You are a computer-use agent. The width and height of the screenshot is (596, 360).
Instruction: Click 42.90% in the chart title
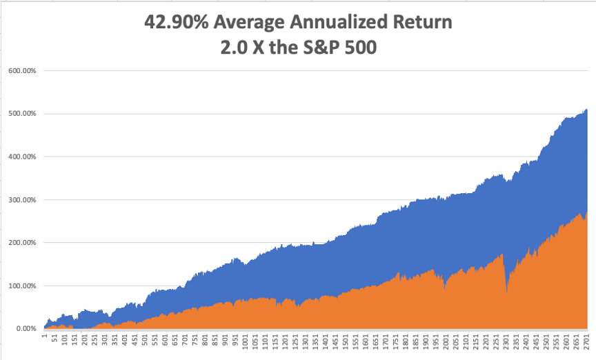pos(175,22)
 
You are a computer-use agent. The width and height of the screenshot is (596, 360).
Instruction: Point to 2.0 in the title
pos(233,50)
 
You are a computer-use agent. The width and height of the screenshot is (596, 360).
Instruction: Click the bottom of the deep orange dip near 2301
pos(507,292)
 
